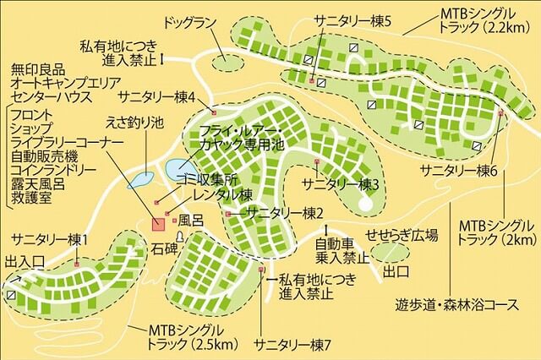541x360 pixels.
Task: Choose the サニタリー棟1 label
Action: [49, 239]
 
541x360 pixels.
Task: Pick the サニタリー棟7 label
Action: [293, 345]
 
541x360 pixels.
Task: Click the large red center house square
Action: [158, 224]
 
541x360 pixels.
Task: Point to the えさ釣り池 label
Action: [133, 122]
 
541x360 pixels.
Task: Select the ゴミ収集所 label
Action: [205, 179]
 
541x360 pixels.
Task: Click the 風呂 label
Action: [190, 220]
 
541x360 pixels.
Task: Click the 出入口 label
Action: [24, 260]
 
